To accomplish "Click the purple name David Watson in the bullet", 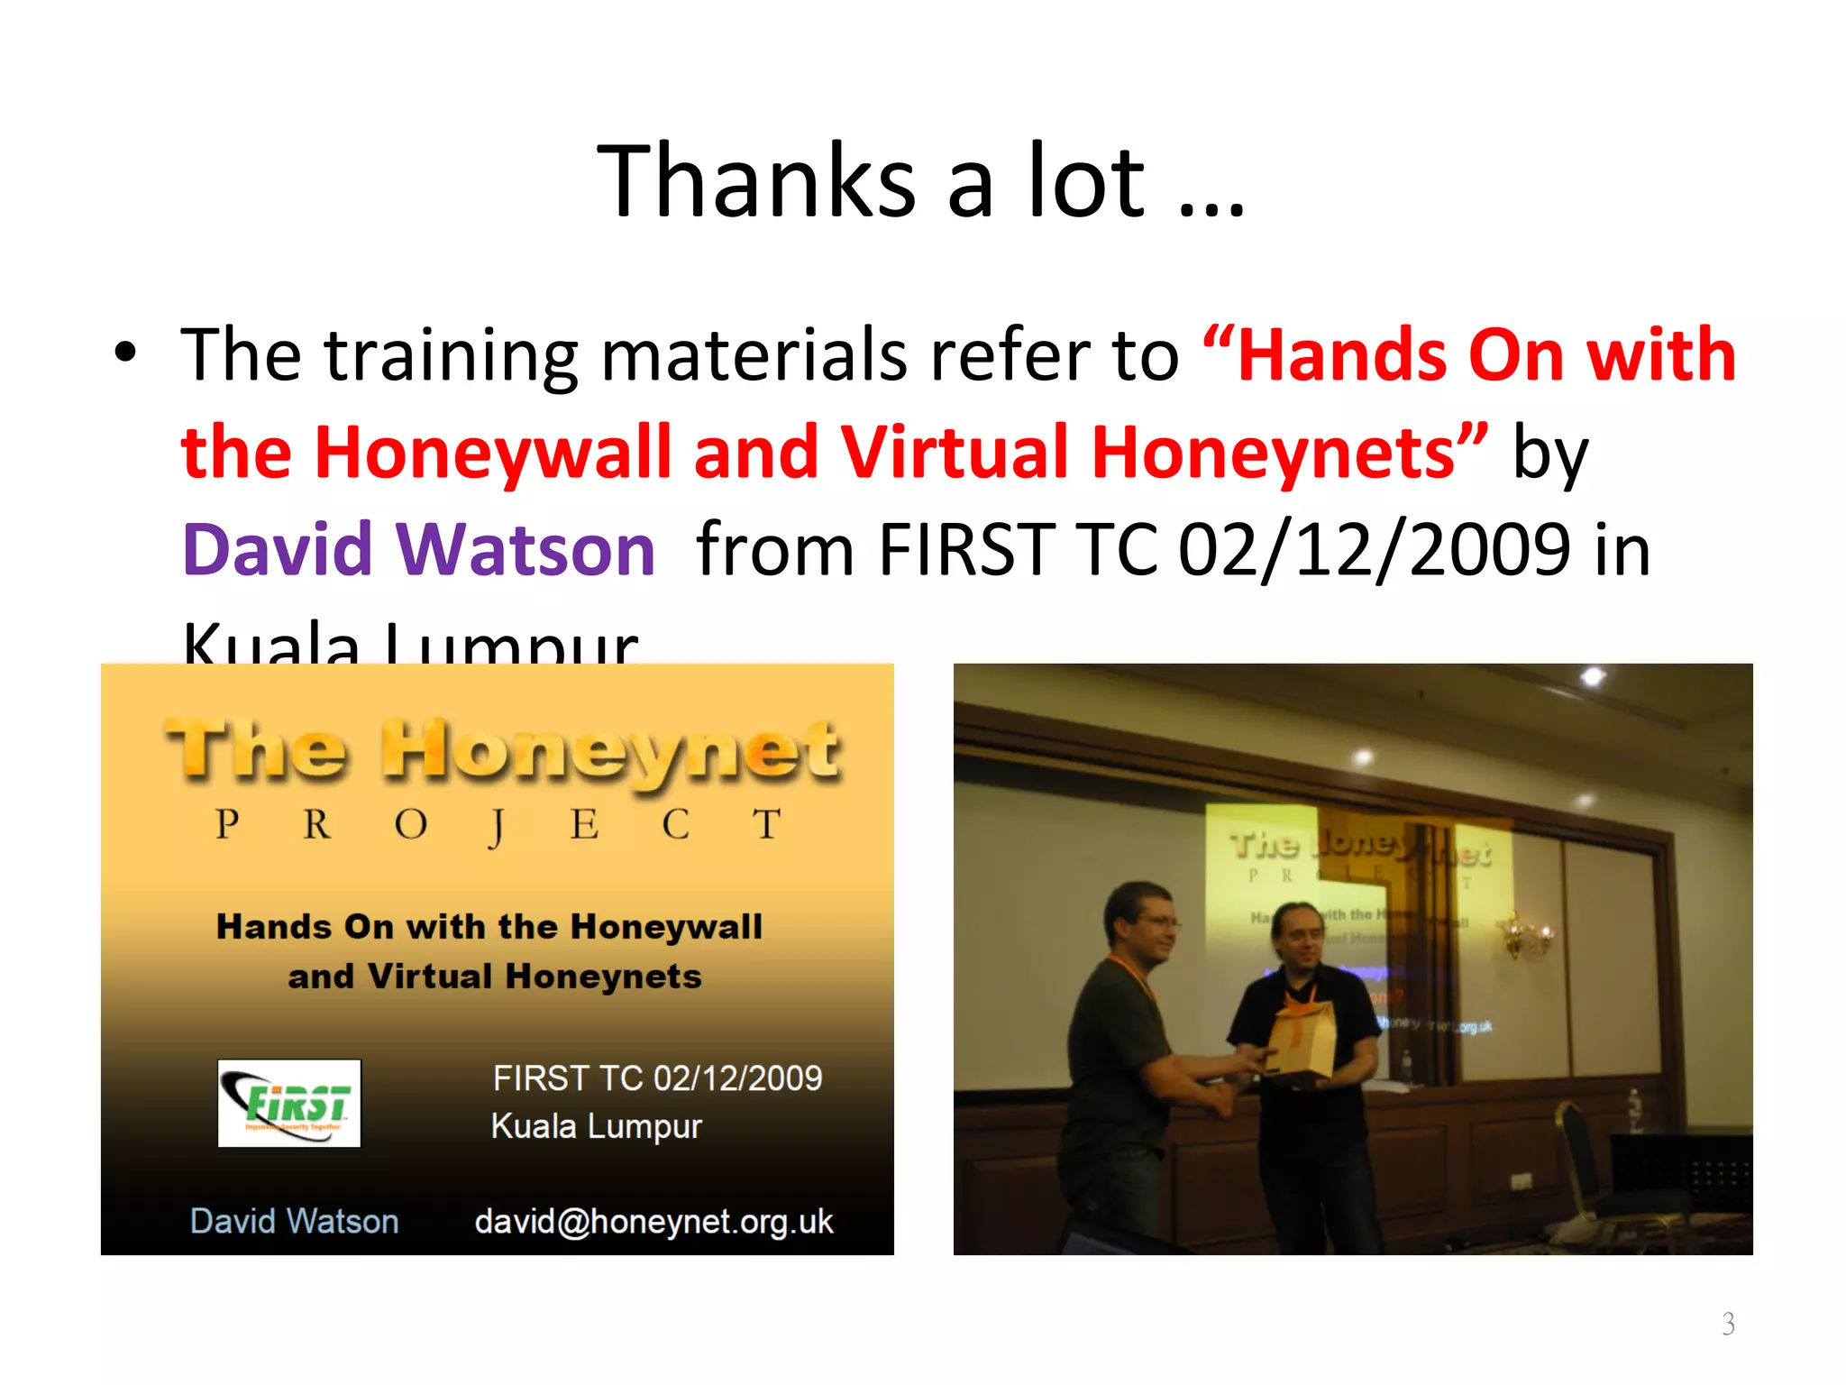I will pyautogui.click(x=418, y=549).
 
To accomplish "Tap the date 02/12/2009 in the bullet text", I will pyautogui.click(x=1375, y=549).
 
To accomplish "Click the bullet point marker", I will pyautogui.click(x=126, y=353).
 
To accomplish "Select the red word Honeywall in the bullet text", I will pyautogui.click(x=494, y=452).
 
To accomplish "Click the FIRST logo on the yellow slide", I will pyautogui.click(x=289, y=1103).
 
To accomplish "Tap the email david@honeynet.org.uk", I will pyautogui.click(x=653, y=1221).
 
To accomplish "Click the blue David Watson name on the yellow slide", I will pyautogui.click(x=294, y=1221).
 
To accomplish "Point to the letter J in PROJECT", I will pyautogui.click(x=497, y=826).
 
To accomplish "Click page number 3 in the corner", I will pyautogui.click(x=1727, y=1324).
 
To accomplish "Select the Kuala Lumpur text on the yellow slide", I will pyautogui.click(x=596, y=1126).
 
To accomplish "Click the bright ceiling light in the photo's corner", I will pyautogui.click(x=1592, y=676).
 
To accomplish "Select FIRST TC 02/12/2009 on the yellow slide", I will pyautogui.click(x=657, y=1078).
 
